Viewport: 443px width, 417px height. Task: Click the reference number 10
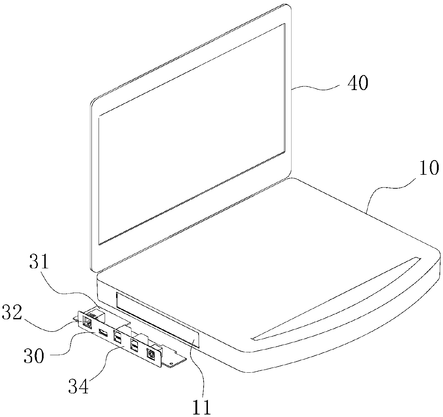429,168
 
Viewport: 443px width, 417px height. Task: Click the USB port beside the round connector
134,346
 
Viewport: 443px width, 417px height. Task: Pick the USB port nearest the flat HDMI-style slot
118,338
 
